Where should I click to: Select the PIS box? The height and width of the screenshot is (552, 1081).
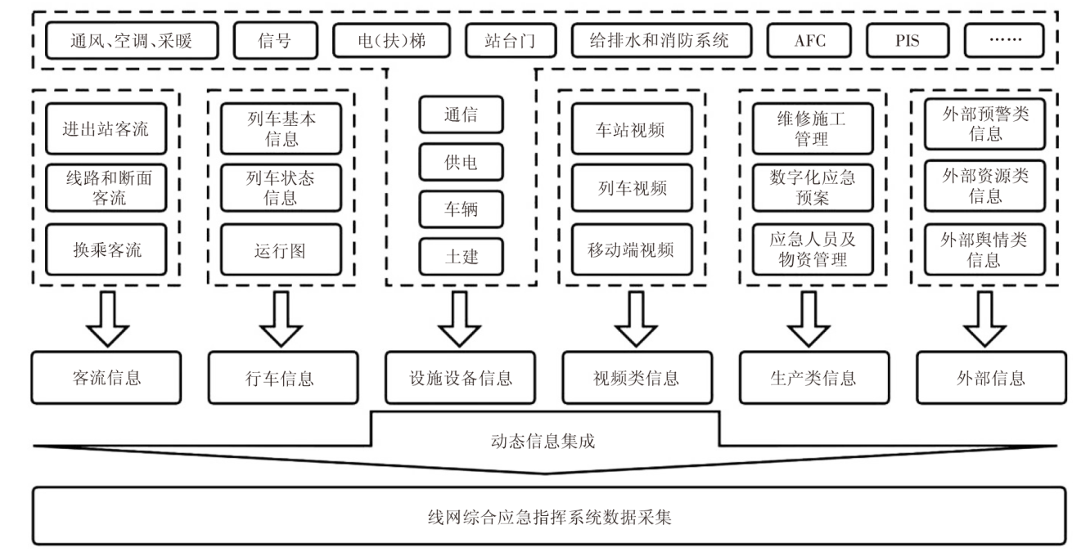906,40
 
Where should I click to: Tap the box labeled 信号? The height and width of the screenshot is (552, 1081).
274,40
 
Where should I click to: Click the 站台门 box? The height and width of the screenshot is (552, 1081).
511,40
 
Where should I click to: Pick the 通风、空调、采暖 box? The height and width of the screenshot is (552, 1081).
133,40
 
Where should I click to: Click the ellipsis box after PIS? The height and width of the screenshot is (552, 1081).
1004,40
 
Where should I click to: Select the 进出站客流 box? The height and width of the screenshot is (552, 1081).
106,129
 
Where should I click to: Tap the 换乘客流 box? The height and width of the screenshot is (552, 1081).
106,249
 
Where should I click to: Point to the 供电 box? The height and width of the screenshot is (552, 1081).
462,163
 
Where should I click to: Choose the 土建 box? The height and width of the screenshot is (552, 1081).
462,257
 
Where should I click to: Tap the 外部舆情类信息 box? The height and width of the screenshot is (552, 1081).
983,249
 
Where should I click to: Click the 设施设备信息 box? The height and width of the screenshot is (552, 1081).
461,378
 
